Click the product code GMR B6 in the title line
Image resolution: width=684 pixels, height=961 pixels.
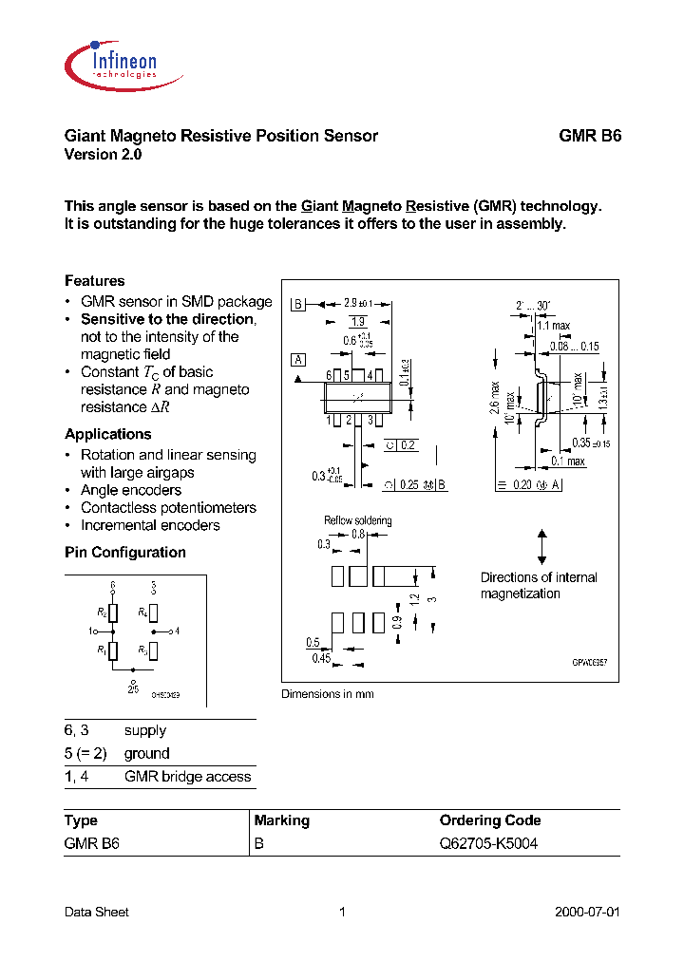point(589,136)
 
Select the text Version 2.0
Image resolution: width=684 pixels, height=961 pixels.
point(103,155)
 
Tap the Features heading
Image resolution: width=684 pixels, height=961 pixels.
point(94,281)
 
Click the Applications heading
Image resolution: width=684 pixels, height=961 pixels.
point(107,434)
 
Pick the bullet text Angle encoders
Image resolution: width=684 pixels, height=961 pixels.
point(130,490)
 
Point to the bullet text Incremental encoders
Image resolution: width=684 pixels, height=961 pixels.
point(150,525)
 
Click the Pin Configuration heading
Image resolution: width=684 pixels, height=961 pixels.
point(124,553)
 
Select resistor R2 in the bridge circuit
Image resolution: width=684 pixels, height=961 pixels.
point(113,612)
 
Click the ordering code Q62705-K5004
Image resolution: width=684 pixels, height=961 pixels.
point(488,843)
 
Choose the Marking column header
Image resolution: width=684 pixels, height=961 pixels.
point(281,820)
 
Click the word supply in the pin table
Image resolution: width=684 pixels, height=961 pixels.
point(145,730)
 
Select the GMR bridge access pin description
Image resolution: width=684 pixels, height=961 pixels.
point(187,777)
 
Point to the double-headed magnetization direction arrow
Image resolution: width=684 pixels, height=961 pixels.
point(541,548)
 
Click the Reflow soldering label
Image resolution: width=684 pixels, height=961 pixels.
point(357,520)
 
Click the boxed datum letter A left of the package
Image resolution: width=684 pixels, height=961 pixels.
point(299,360)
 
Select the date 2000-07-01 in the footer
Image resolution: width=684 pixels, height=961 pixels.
point(586,912)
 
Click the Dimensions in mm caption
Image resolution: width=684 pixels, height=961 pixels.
point(327,694)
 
